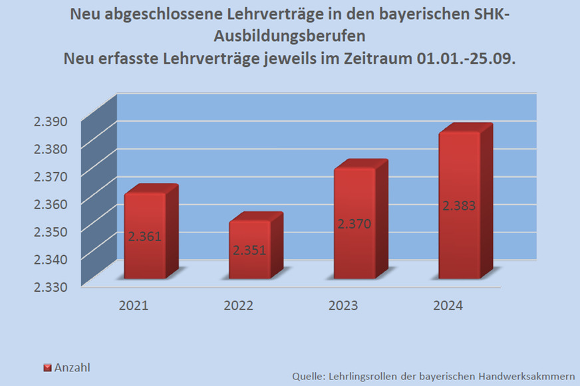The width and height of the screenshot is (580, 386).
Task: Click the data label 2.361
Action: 145,236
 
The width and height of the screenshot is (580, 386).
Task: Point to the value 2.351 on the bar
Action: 249,250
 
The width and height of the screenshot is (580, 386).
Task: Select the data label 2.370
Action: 354,224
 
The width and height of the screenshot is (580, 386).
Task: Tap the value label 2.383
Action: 459,206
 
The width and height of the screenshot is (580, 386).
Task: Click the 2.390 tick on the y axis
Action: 51,121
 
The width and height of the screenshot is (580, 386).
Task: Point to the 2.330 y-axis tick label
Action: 51,286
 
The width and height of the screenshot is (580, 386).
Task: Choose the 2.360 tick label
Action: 51,203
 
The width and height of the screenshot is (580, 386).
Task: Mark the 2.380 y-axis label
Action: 51,148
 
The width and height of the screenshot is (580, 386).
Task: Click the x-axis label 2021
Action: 134,306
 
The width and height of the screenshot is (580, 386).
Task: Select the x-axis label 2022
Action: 238,306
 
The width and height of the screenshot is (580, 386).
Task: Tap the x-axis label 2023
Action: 343,306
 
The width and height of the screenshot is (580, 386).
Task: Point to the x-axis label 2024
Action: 448,306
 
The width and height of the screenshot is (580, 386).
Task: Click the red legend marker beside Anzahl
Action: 47,367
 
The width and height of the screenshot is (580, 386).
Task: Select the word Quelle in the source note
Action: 308,377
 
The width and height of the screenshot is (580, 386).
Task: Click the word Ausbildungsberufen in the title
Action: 289,35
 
